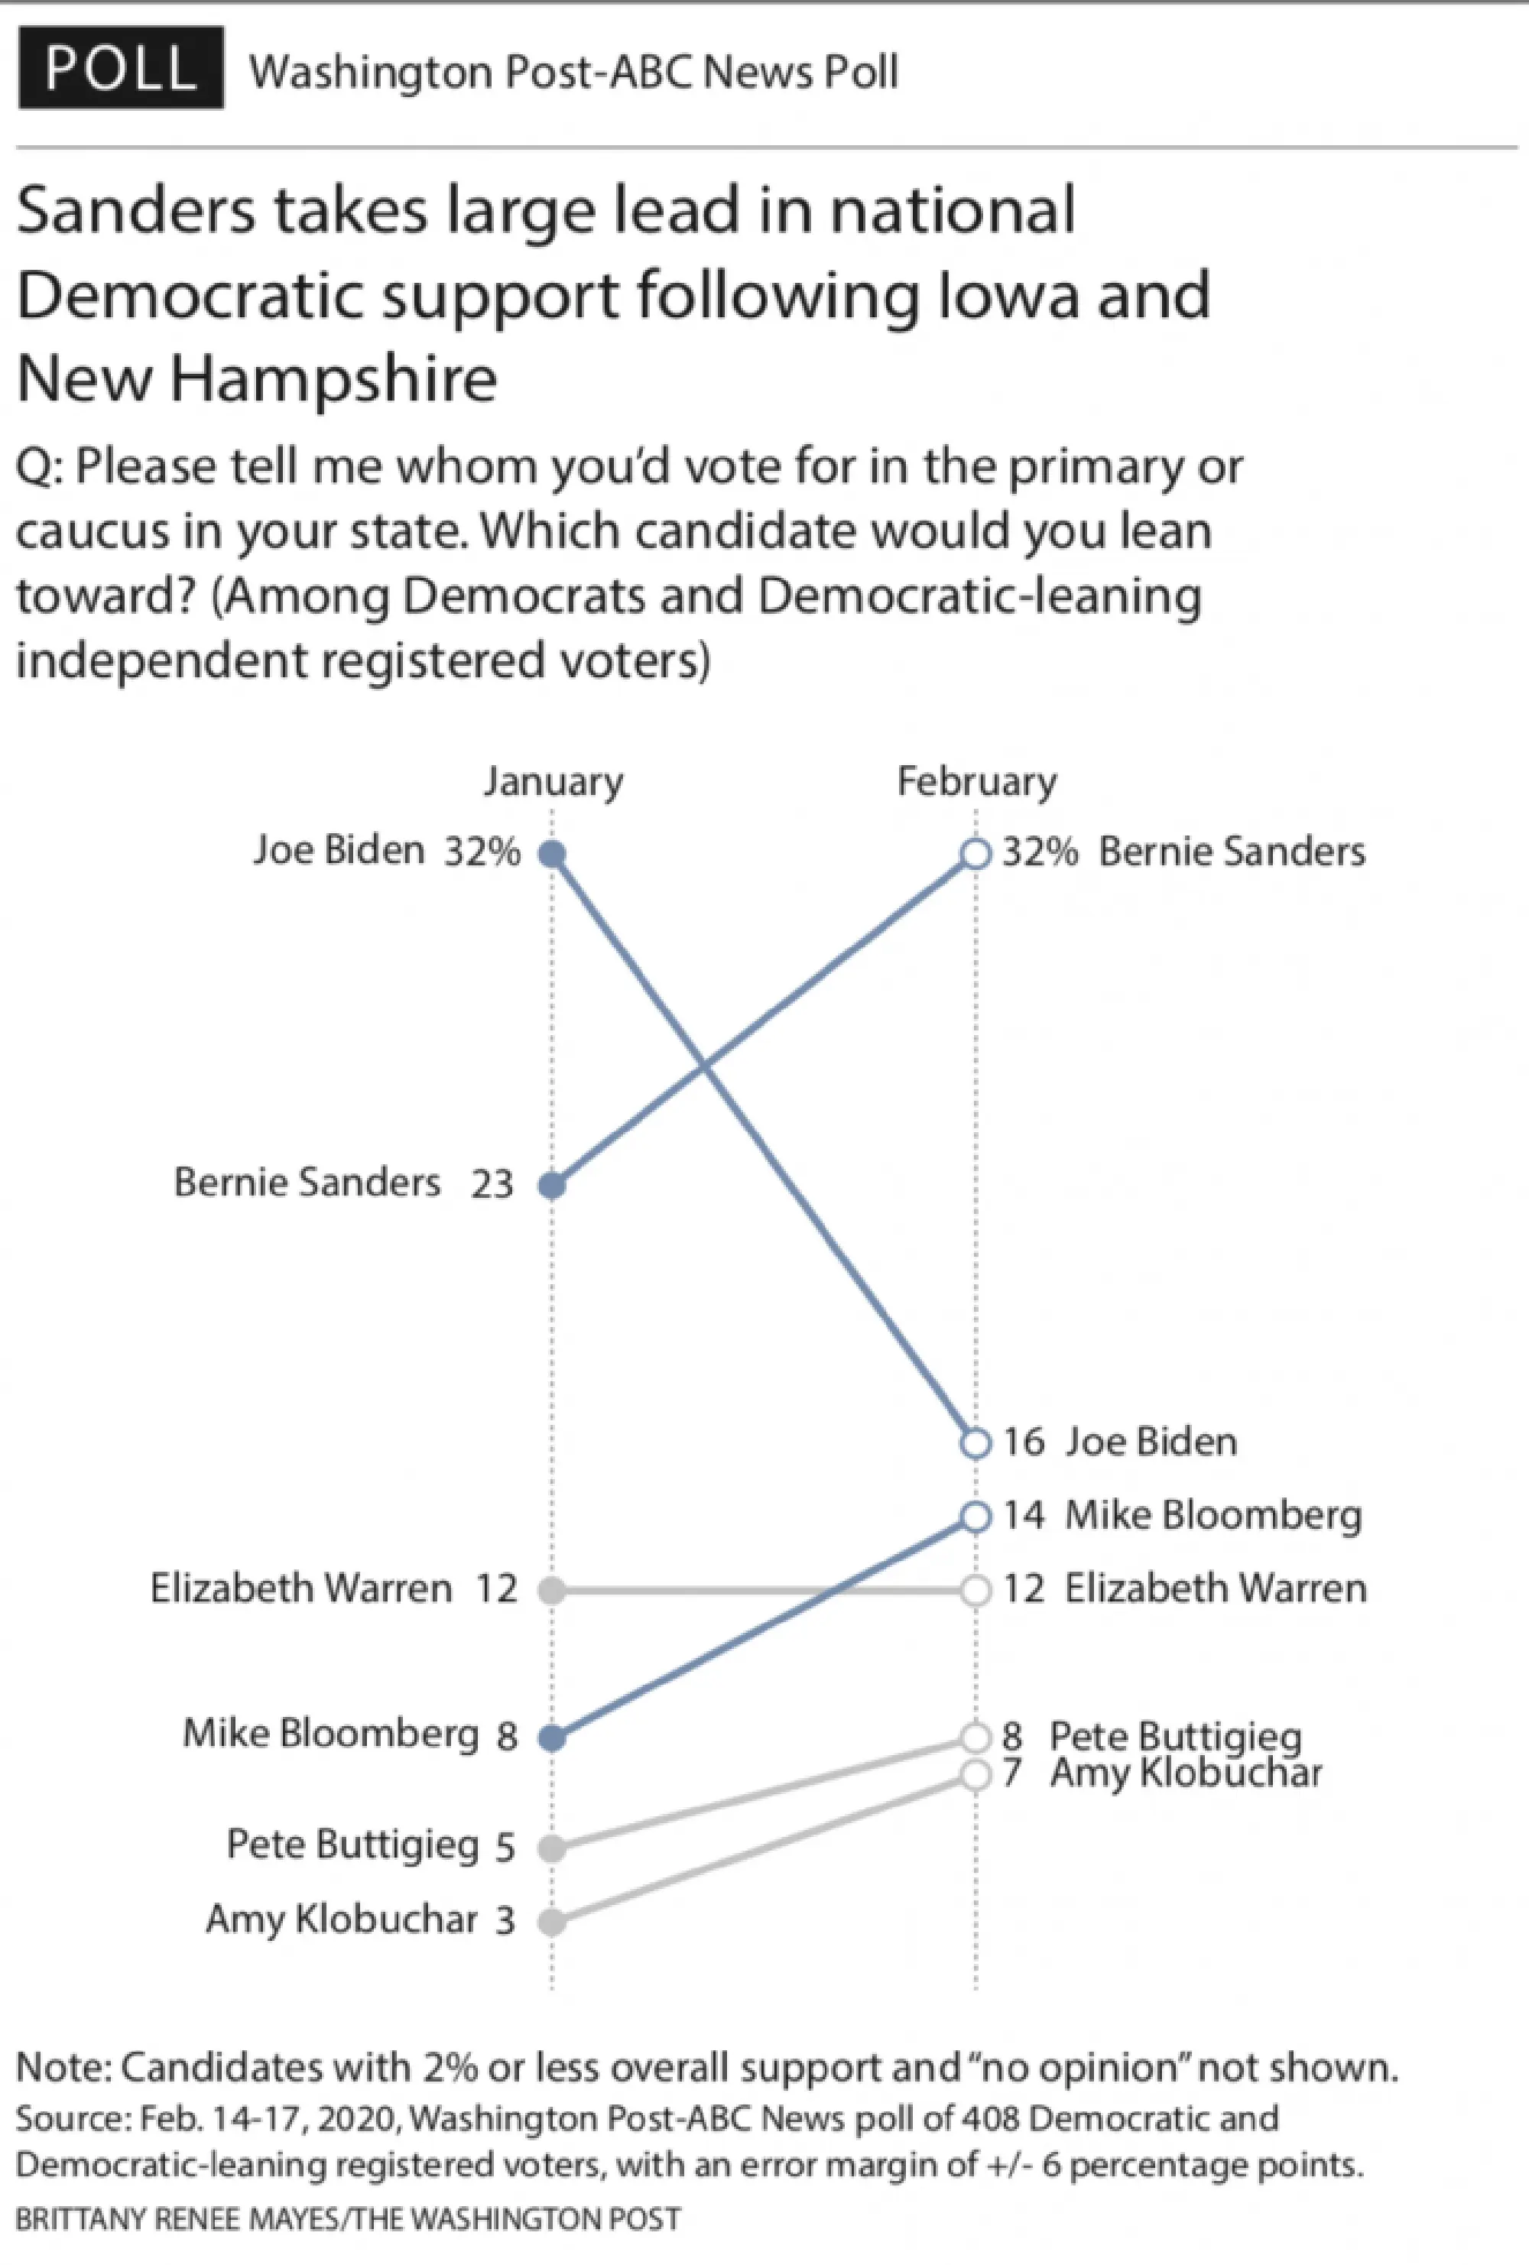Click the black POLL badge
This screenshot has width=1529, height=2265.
tap(121, 67)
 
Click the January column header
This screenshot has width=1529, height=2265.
tap(553, 782)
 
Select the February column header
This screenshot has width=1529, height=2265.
tap(976, 782)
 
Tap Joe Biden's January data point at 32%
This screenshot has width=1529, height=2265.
tap(553, 855)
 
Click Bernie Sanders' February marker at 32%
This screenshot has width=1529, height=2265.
tap(976, 854)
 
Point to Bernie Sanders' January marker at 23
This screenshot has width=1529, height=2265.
tap(553, 1185)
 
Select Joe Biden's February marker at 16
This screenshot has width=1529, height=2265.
tap(976, 1442)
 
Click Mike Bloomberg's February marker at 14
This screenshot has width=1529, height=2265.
tap(976, 1517)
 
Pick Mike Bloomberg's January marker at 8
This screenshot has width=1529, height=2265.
tap(553, 1738)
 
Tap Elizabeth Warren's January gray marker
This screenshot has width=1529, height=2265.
tap(553, 1591)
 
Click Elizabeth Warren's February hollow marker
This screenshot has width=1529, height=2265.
tap(976, 1591)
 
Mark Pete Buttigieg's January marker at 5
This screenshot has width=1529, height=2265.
tap(553, 1848)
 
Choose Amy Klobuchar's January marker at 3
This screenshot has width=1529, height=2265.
tap(553, 1922)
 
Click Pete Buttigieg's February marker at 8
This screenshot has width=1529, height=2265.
tap(976, 1737)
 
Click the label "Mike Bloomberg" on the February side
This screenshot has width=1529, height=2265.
tap(1213, 1516)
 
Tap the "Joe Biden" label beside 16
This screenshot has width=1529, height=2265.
tap(1151, 1442)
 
